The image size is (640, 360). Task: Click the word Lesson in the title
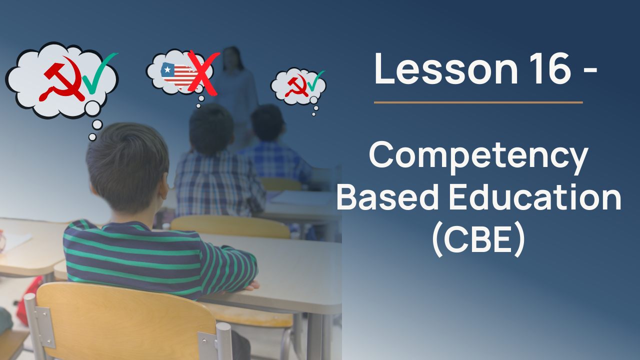click(x=445, y=68)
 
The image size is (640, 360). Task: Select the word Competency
click(x=478, y=156)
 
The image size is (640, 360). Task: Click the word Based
click(x=387, y=196)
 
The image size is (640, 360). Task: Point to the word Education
click(x=535, y=196)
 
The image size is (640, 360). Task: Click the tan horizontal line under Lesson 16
click(x=478, y=102)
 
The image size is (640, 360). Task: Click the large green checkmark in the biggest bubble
click(x=98, y=73)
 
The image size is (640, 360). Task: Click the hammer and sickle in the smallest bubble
click(x=297, y=85)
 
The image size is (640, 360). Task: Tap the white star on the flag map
click(x=167, y=69)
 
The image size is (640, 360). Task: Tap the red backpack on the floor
click(x=28, y=300)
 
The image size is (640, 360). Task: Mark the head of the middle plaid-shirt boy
click(x=211, y=130)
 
